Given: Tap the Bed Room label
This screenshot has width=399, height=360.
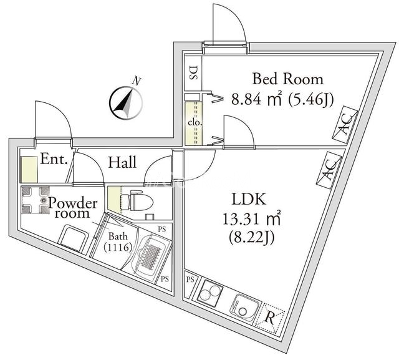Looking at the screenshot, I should [x=287, y=79].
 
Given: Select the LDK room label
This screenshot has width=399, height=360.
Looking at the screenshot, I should [x=249, y=200].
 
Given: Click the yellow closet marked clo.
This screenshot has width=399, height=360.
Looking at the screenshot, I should [x=193, y=122].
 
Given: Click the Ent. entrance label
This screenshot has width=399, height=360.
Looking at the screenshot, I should [x=54, y=158].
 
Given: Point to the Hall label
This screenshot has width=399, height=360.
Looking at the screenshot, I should [x=123, y=163].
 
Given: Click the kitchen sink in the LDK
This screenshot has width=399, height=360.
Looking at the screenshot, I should [x=244, y=306].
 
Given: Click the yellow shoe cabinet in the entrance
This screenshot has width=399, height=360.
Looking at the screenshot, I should [x=28, y=170].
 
